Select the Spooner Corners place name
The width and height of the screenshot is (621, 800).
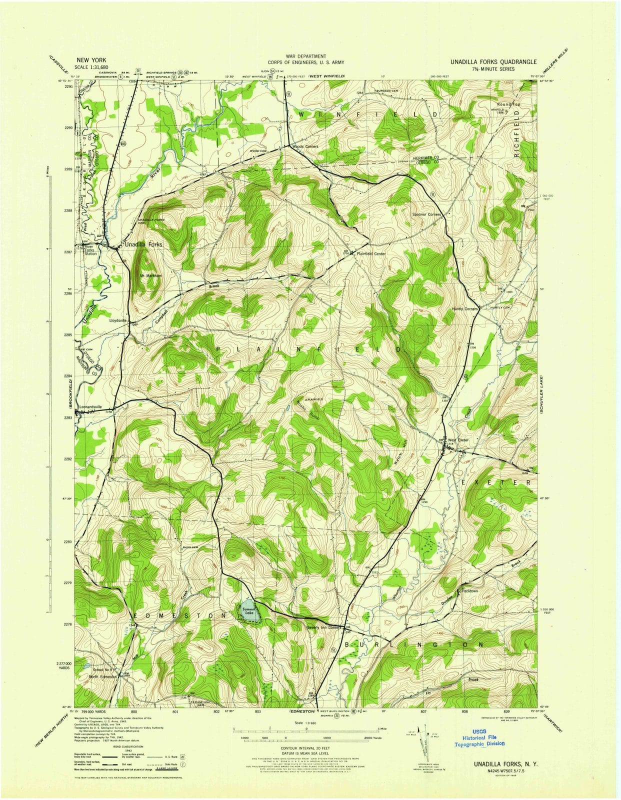click(426, 214)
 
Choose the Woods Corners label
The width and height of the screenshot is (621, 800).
click(305, 146)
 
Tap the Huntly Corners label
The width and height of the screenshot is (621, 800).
click(464, 308)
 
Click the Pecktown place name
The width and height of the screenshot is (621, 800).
click(470, 591)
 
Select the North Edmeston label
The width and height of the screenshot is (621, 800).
click(102, 676)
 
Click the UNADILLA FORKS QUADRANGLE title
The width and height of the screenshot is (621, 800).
click(493, 62)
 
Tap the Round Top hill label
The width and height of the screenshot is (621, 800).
click(508, 104)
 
